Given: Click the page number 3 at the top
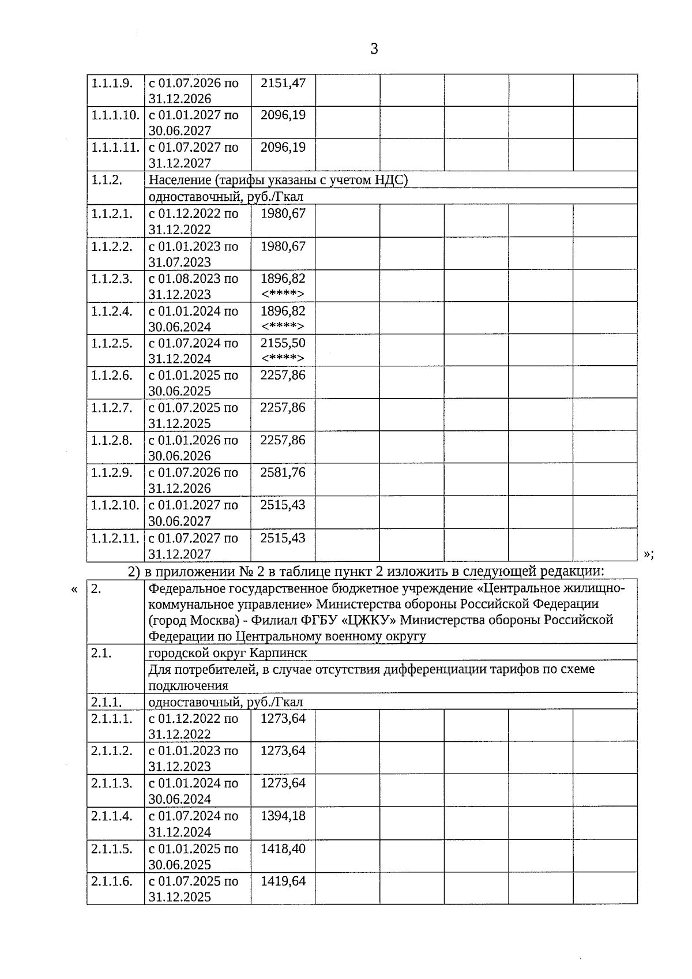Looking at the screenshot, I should click(x=374, y=49).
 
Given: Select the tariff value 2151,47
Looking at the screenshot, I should click(x=283, y=82).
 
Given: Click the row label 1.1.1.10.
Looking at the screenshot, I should click(x=115, y=115).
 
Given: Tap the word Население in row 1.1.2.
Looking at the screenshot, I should click(x=173, y=180).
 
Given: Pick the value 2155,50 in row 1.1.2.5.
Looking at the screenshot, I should click(x=283, y=343).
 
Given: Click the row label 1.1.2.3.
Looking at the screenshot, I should click(x=112, y=279).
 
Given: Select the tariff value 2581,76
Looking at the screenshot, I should click(x=283, y=472).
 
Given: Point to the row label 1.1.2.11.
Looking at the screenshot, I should click(x=115, y=538).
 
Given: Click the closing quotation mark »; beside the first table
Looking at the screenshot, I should click(x=648, y=554).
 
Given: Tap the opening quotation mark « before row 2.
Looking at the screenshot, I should click(x=74, y=590).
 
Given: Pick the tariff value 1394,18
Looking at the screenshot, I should click(x=283, y=816).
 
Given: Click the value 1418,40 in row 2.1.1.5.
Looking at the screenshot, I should click(x=283, y=849).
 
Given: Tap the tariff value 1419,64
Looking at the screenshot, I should click(x=283, y=881).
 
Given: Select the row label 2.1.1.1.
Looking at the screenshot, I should click(x=112, y=718).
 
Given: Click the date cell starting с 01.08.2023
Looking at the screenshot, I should click(x=193, y=286).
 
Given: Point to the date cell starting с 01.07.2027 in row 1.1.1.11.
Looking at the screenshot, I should click(x=193, y=155).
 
